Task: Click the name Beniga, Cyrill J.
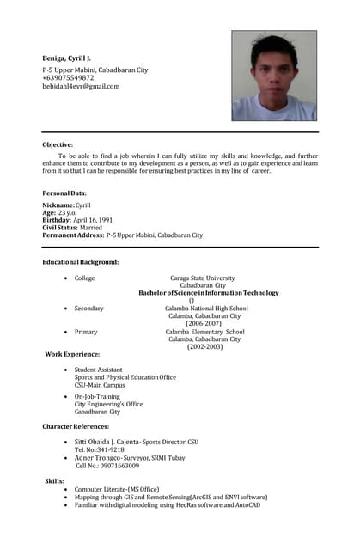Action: (67, 58)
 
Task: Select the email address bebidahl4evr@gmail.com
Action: (82, 86)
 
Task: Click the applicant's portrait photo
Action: (273, 76)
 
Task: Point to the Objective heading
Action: (58, 144)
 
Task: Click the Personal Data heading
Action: (64, 193)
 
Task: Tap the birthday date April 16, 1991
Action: (93, 220)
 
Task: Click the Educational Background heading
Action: (81, 261)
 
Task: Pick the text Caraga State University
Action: (202, 278)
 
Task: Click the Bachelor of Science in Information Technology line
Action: (209, 293)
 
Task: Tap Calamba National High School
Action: (206, 309)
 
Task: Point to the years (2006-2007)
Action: (204, 323)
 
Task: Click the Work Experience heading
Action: (72, 354)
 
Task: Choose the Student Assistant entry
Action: (98, 370)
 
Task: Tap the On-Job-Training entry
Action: (97, 396)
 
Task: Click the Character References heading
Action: (76, 426)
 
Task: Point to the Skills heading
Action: (54, 481)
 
